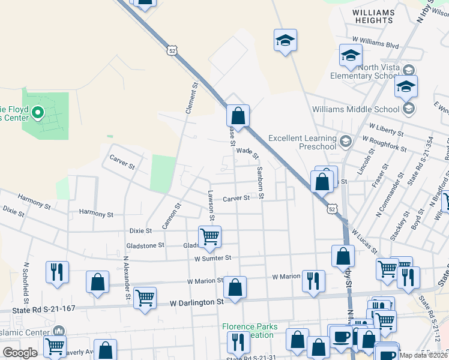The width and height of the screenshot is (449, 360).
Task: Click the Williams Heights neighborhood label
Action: coord(373,16)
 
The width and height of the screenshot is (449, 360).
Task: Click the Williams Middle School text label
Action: coord(355,109)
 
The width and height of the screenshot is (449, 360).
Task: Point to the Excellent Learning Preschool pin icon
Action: coord(345,142)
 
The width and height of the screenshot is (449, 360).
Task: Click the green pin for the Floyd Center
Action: coord(38,112)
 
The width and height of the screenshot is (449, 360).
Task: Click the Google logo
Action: coord(20,353)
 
